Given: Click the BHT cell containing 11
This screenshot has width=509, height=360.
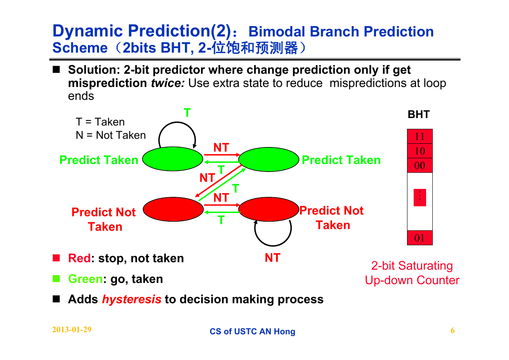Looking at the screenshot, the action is coord(420,136).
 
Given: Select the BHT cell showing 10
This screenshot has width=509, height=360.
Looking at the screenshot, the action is coord(420,151).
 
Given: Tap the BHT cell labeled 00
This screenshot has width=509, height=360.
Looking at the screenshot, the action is coord(420,165).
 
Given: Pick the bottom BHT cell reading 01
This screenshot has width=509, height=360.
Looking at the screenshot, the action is coord(420,238).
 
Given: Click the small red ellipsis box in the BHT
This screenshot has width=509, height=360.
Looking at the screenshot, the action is coord(420,198).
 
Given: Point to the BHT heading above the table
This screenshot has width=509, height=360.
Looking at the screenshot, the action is coord(419,114).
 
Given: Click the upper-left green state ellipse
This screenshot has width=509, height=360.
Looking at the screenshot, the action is coord(173,159).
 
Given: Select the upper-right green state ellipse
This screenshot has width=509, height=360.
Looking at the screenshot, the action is coord(269,159).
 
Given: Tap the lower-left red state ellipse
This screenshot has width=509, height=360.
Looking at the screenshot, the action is coord(173,209).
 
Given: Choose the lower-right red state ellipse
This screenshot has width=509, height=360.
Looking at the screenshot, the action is coord(269,209).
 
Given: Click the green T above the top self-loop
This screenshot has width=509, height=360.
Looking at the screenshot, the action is coord(187,113).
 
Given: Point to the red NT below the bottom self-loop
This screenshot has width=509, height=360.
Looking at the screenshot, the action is coord(272,258).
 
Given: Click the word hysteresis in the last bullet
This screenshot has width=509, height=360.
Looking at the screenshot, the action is coord(132,299).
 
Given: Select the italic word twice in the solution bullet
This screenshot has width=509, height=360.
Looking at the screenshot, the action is coord(168,83).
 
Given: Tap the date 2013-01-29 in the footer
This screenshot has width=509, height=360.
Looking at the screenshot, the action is coord(72,330).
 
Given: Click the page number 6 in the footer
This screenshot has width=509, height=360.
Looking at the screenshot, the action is coord(453,331).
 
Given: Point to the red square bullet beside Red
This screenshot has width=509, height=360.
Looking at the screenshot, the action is coord(56,258).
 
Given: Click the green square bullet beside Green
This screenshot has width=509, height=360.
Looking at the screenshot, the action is coord(56,278).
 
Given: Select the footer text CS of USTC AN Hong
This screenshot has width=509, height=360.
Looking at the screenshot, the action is coord(252,331).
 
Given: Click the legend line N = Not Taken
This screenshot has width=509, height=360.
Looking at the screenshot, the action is coord(111,135).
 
